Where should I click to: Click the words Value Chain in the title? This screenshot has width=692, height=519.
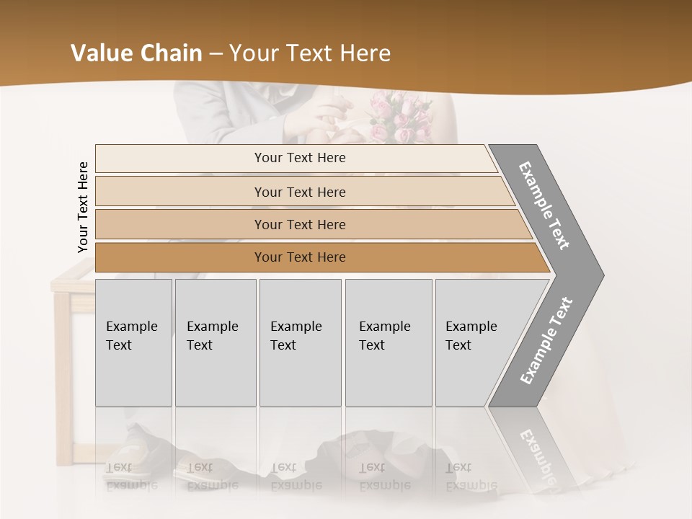136,53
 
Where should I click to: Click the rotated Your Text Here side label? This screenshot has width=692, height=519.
83,207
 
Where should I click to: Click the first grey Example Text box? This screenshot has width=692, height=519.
133,342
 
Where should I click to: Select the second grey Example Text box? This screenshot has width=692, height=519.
215,342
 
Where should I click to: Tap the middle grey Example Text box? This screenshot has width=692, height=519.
300,342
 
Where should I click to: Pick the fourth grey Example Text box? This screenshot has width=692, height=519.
388,342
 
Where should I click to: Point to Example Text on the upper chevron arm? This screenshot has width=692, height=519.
545,205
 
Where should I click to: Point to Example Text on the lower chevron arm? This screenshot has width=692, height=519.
546,340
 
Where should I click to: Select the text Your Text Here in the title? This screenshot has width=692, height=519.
310,53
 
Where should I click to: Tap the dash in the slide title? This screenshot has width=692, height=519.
216,53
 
